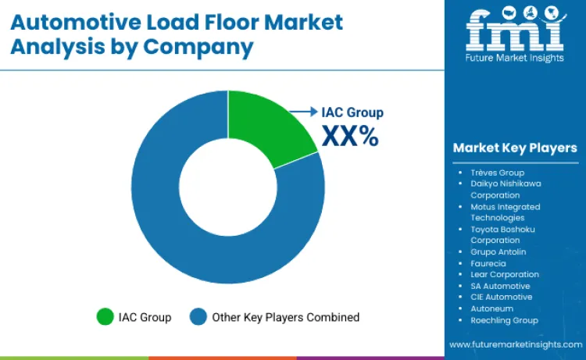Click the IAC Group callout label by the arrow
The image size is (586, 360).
352,112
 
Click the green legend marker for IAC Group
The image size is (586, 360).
104,317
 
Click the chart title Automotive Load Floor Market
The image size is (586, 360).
178,21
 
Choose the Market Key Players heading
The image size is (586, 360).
515,148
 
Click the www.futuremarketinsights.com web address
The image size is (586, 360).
515,344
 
